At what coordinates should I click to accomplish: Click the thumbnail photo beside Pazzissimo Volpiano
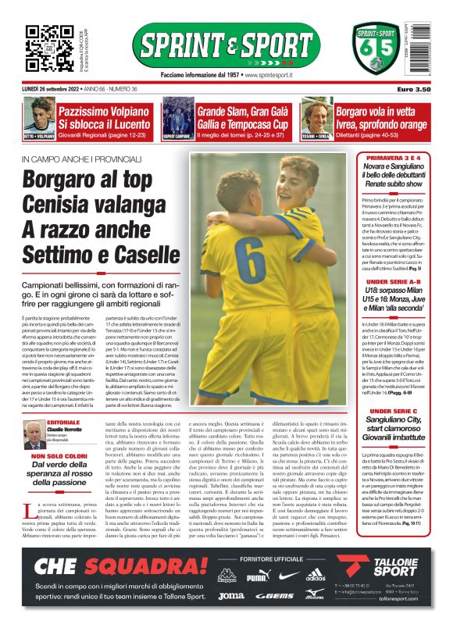pyautogui.click(x=39, y=118)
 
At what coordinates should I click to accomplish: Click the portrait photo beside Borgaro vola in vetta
pyautogui.click(x=318, y=118)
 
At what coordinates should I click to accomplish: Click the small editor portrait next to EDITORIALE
pyautogui.click(x=34, y=434)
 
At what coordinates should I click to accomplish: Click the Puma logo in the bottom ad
pyautogui.click(x=257, y=576)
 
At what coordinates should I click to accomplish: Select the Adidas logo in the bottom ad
pyautogui.click(x=315, y=576)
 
